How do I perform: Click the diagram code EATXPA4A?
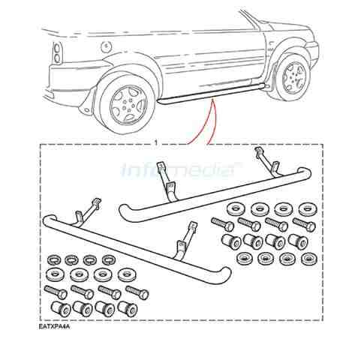tap(54, 327)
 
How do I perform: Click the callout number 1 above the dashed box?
tap(156, 142)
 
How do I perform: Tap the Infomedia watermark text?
tap(182, 169)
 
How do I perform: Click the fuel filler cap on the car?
tap(106, 46)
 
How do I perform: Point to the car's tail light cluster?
tap(57, 53)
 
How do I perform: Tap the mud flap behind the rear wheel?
tap(88, 100)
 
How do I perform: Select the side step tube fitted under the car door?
tap(211, 93)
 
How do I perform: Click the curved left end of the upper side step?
tap(125, 213)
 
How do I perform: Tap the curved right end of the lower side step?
tap(223, 275)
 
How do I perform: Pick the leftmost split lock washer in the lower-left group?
tap(53, 260)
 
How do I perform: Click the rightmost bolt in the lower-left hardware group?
tap(137, 292)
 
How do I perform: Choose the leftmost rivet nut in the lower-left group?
tap(60, 309)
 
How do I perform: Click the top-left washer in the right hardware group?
tap(235, 209)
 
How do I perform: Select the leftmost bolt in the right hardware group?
tap(222, 224)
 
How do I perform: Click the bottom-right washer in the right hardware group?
tap(309, 259)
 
